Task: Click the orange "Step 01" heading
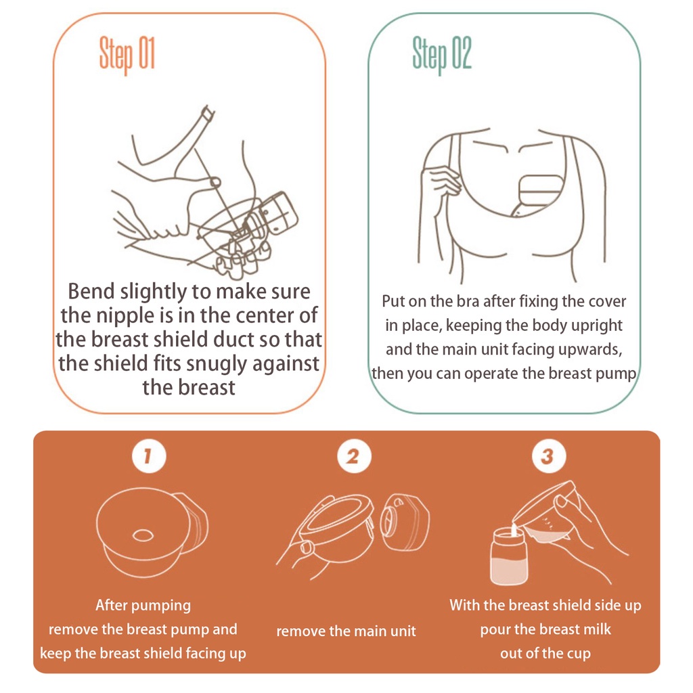click(x=127, y=54)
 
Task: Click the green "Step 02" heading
click(x=442, y=54)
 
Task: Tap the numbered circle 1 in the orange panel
click(x=149, y=456)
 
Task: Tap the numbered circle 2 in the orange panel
click(x=353, y=456)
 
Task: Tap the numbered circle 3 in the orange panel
click(x=548, y=456)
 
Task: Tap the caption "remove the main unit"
click(x=346, y=631)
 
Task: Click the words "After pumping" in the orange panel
click(x=143, y=606)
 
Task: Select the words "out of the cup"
click(x=545, y=653)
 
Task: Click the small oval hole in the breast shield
click(x=143, y=536)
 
